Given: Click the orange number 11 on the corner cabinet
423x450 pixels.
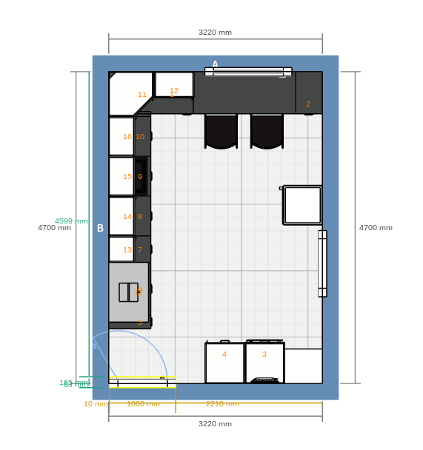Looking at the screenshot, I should point(142,95).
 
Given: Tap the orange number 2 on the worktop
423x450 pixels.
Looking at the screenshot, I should point(308,104).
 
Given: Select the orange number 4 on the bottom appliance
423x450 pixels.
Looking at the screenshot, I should point(224,355).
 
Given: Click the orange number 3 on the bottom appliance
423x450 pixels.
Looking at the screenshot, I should point(264,355).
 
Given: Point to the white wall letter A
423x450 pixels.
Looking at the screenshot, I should point(216,64).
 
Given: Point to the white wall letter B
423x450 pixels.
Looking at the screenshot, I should point(100,228).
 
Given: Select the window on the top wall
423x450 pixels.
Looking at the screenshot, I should point(248,72).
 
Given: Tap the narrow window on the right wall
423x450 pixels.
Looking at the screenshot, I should point(322,263).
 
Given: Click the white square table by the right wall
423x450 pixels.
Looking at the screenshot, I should point(302,205).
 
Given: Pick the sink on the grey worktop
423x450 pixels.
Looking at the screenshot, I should point(128,292).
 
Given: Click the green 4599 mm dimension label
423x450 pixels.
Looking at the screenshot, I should point(71,221).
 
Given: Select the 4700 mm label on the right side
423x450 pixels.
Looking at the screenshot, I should point(376,228).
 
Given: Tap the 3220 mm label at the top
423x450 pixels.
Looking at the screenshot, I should point(215,33).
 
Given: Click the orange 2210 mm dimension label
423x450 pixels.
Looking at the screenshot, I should point(222,404).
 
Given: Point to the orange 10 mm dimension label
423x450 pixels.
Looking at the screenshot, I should point(96,404).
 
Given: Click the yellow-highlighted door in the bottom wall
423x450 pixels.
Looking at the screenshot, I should point(142,382).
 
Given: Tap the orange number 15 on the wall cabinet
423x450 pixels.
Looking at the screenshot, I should point(127,177).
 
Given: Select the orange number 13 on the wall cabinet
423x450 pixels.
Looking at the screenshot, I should point(127,250).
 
